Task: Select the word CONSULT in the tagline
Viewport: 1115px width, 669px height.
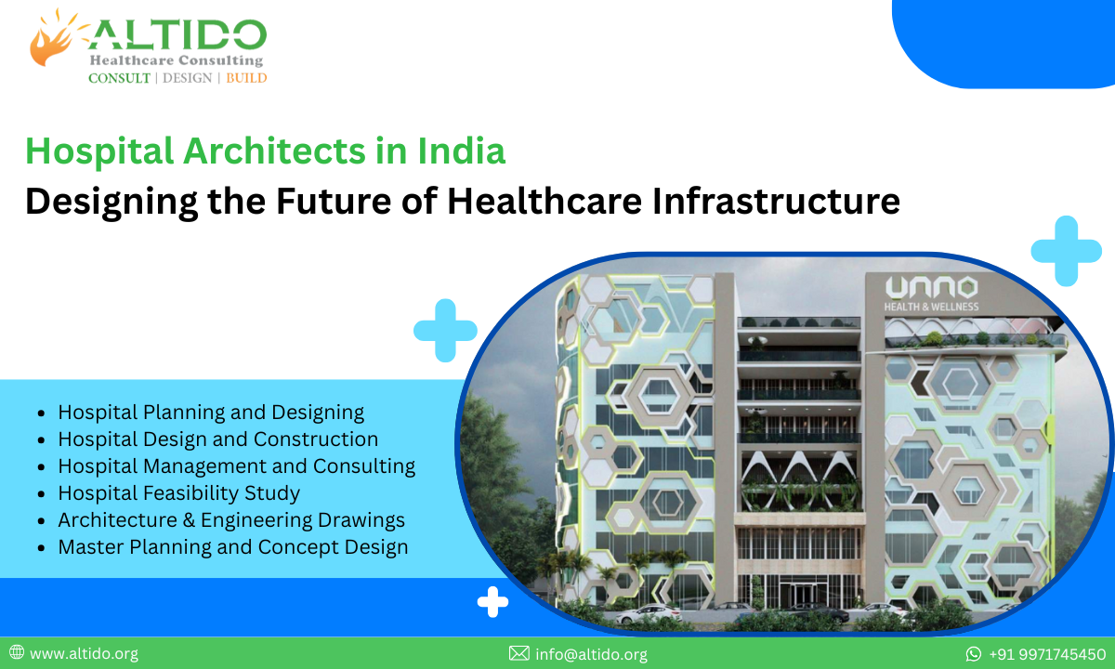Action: pos(119,78)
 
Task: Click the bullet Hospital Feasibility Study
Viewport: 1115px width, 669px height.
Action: pos(178,492)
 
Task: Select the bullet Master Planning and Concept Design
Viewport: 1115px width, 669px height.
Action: pos(232,547)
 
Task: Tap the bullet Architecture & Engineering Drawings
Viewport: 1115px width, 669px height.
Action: pos(231,520)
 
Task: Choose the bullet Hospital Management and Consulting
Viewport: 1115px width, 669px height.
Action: pos(236,466)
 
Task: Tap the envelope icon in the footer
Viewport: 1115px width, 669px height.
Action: pos(518,654)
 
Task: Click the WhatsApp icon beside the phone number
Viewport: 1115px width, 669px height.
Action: pos(974,654)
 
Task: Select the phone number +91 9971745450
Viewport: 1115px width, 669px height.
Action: pos(1046,654)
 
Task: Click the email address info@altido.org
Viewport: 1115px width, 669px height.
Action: pos(591,654)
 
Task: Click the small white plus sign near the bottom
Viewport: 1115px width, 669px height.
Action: pos(492,602)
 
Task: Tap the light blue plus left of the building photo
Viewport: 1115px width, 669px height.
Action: pos(445,330)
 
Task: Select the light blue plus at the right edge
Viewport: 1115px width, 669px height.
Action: pos(1066,251)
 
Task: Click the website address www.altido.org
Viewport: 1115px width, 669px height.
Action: pos(84,654)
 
